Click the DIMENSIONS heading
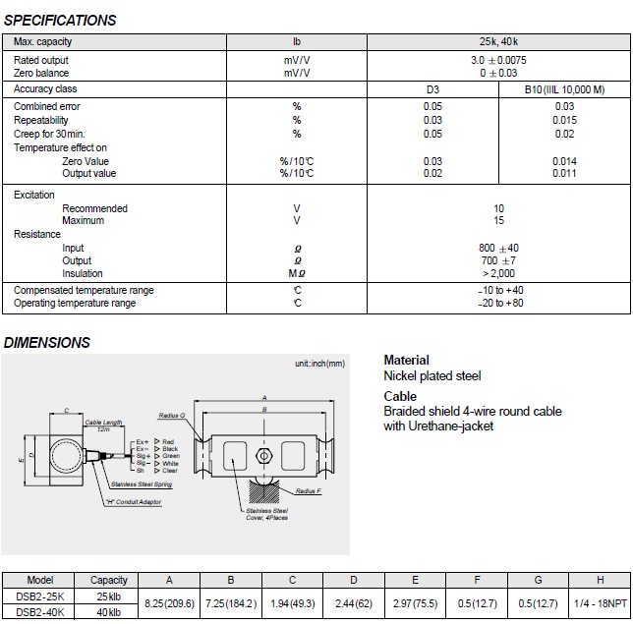tap(47, 343)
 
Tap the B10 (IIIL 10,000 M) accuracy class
tap(564, 89)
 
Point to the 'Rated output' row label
tap(41, 61)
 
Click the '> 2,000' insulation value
tap(498, 274)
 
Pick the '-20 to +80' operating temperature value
tap(498, 304)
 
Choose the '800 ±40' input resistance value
tap(498, 248)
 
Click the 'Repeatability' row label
tap(41, 120)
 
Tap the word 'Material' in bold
tap(406, 361)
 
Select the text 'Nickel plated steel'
tap(432, 375)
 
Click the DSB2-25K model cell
tap(39, 596)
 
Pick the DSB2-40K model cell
tap(39, 613)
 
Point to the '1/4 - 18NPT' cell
tap(601, 604)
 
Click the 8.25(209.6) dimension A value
tap(170, 604)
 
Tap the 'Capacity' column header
tap(108, 581)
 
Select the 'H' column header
tap(601, 581)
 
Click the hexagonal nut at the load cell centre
tap(262, 456)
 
